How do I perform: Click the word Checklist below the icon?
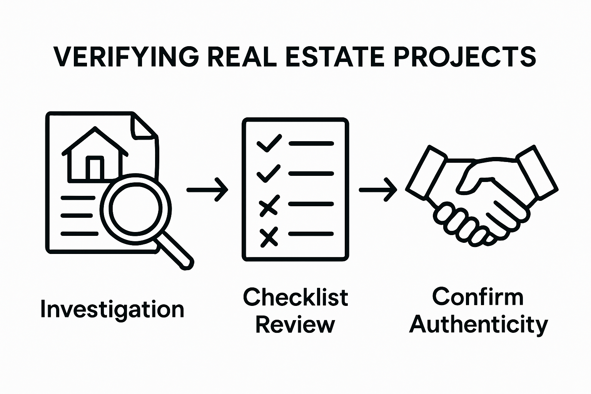295,297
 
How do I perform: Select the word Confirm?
477,297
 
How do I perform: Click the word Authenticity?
478,325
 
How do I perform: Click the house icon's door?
95,169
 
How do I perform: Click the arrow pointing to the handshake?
378,190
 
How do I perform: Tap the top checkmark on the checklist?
269,143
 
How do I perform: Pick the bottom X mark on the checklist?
269,237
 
